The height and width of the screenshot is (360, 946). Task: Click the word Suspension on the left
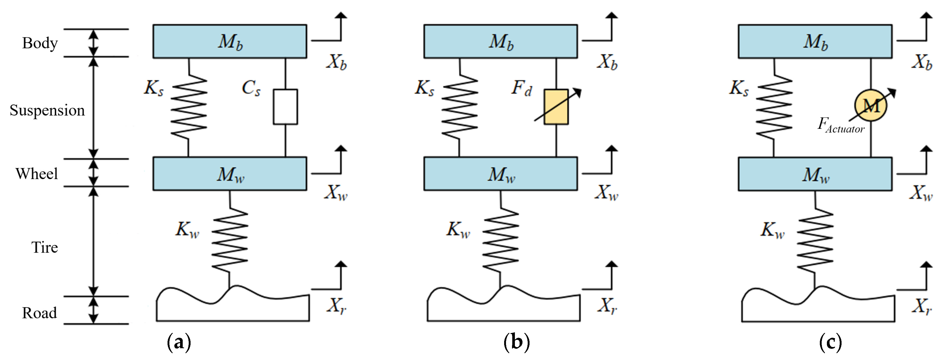(47, 110)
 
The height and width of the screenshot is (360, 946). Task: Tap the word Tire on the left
(44, 247)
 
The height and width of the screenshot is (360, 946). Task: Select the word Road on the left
(39, 313)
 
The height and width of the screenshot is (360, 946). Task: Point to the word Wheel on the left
(37, 173)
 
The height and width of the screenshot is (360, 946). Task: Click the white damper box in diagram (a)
(285, 107)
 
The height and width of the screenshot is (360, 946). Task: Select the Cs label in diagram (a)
(251, 88)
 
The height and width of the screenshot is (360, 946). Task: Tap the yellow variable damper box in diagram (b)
(556, 107)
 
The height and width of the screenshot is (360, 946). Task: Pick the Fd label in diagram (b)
(521, 88)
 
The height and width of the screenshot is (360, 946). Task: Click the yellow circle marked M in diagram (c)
(871, 106)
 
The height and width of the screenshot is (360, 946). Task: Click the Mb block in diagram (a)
(230, 41)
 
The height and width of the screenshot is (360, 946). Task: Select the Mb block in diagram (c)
(815, 41)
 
